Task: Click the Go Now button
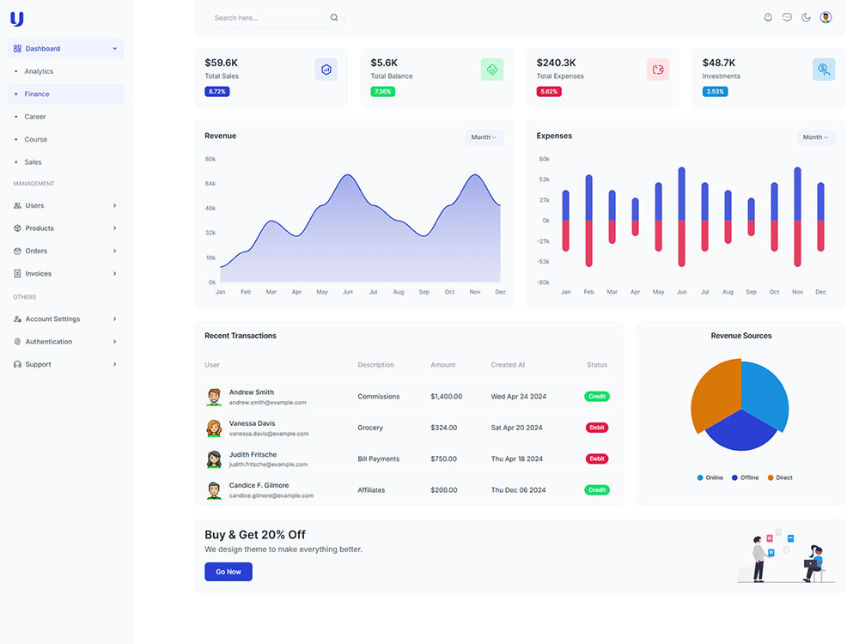tap(228, 572)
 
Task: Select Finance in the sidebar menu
tap(37, 94)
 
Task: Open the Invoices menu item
tap(39, 274)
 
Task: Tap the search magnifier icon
tap(334, 17)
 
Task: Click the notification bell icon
tap(768, 17)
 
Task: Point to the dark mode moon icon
tap(806, 17)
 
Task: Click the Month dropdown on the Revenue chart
tap(484, 137)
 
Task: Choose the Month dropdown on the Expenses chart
tap(815, 137)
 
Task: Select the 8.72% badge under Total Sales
tap(216, 92)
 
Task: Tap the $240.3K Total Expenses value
tap(556, 63)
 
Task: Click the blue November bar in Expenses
tap(797, 194)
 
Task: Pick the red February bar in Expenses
tap(588, 243)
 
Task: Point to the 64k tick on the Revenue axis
tap(210, 184)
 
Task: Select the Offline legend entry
tap(745, 477)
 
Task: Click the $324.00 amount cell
tap(443, 428)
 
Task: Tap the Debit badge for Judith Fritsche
tap(597, 459)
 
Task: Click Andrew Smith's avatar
tap(214, 397)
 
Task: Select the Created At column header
tap(508, 365)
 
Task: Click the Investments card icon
tap(824, 70)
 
